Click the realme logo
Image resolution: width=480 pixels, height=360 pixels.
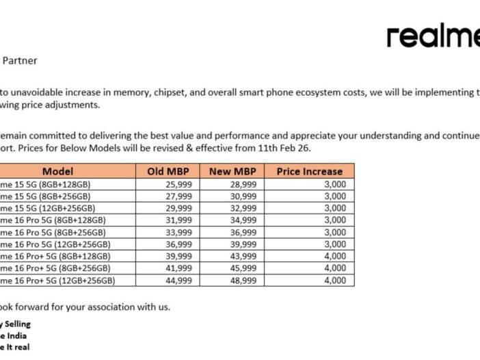pyautogui.click(x=433, y=37)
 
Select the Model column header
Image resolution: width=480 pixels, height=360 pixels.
pyautogui.click(x=57, y=171)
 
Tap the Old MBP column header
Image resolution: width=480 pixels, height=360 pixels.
pyautogui.click(x=168, y=171)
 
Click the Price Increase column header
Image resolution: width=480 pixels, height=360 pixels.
pyautogui.click(x=309, y=171)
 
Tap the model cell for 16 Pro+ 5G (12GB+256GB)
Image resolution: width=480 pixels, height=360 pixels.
pyautogui.click(x=57, y=281)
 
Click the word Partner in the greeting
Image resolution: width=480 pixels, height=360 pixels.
pyautogui.click(x=21, y=60)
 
